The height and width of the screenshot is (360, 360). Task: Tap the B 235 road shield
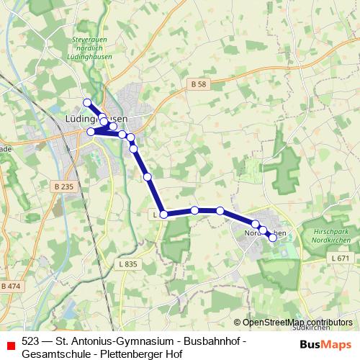(63, 187)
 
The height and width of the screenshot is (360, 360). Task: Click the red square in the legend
(9, 341)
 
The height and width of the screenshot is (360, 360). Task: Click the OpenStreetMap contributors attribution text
(297, 323)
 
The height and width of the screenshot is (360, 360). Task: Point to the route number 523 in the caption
(30, 341)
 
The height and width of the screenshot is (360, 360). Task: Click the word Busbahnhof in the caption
(210, 341)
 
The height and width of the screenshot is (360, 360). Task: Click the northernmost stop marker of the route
(87, 102)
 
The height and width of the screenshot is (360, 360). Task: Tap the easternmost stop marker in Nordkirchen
(273, 238)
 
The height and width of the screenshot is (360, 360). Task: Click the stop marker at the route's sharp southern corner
(163, 214)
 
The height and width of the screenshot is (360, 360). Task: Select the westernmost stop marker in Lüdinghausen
(91, 132)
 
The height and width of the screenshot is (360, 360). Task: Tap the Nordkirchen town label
(261, 233)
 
